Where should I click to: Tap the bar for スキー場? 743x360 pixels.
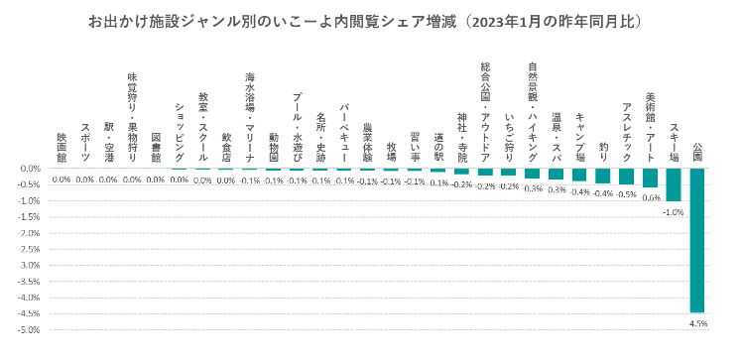pos(674,184)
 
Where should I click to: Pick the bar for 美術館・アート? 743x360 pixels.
pos(650,178)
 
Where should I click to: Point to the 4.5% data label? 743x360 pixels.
pos(698,322)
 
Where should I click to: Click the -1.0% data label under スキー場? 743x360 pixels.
pos(674,211)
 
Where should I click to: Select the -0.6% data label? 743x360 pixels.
pos(651,197)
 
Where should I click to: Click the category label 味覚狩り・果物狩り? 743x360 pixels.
pos(132,118)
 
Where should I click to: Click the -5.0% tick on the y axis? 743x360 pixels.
pos(27,329)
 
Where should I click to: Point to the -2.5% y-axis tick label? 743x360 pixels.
pos(27,249)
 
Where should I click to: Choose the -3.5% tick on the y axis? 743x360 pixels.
pos(27,282)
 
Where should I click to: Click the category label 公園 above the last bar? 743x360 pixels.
pos(697,154)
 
